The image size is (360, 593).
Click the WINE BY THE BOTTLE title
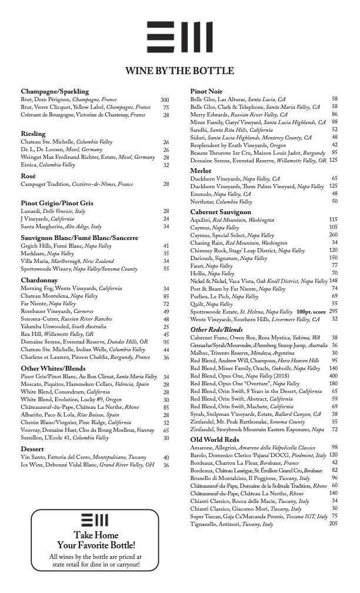pos(179,71)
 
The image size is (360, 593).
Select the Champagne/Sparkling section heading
pos(55,92)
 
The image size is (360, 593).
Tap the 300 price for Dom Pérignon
pos(165,100)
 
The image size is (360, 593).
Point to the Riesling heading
pos(33,134)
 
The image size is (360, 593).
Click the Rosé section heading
pos(28,176)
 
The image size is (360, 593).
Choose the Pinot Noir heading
pos(206,91)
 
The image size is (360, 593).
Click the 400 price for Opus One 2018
pos(334,375)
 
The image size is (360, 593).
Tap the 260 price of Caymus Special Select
pos(333,235)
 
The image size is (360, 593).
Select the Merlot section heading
pos(201,171)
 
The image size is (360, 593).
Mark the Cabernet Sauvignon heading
pos(221,212)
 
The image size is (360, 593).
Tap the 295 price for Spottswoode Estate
pos(333,311)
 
